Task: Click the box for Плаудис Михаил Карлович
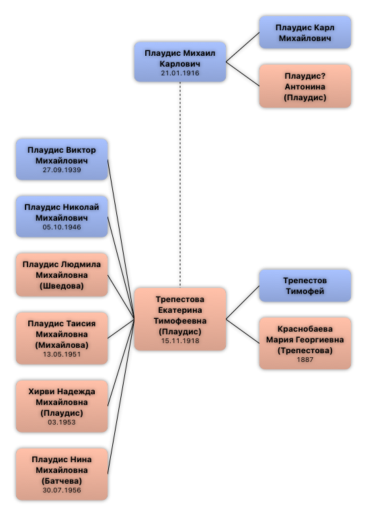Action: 180,61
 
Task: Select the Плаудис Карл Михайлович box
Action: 305,32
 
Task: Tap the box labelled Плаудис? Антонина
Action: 305,86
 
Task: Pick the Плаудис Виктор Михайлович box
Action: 62,159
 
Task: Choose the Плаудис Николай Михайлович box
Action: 62,217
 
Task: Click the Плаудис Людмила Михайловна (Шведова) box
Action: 62,274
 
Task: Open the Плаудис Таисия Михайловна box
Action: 62,338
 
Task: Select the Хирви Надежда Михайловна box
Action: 62,406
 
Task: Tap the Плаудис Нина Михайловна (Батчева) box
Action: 62,474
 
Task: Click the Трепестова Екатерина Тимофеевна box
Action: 180,319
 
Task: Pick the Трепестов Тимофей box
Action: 305,286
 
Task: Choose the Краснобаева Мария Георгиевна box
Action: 305,343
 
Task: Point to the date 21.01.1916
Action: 180,73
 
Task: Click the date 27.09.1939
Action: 62,170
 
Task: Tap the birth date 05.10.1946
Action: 62,227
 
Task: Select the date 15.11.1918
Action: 180,340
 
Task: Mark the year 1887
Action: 305,359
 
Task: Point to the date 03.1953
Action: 62,422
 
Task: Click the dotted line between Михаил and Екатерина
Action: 180,184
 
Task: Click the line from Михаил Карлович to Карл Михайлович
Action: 243,47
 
